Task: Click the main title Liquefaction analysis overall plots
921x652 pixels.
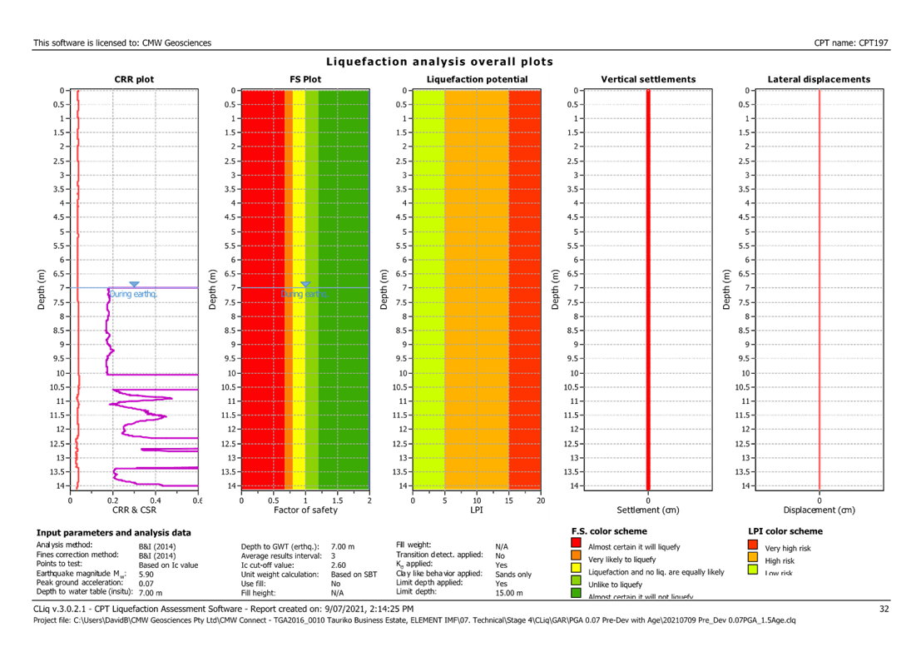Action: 439,62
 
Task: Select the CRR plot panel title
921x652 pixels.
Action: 134,80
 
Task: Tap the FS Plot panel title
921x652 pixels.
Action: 305,80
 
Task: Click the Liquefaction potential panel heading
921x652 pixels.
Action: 476,80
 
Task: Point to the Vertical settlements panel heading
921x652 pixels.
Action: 648,80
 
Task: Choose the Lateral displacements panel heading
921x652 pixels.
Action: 819,80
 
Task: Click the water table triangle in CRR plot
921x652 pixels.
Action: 134,284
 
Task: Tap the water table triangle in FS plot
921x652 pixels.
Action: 305,284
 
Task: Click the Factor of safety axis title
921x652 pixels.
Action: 305,510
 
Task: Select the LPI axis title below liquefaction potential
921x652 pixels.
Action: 477,510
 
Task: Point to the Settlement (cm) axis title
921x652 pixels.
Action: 648,510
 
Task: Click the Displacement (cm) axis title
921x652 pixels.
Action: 819,510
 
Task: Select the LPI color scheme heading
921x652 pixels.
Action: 785,531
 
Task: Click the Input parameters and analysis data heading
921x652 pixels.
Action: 113,532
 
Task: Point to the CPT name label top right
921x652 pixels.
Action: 852,42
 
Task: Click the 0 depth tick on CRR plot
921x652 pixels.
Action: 61,91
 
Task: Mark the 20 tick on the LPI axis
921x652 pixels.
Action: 540,500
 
